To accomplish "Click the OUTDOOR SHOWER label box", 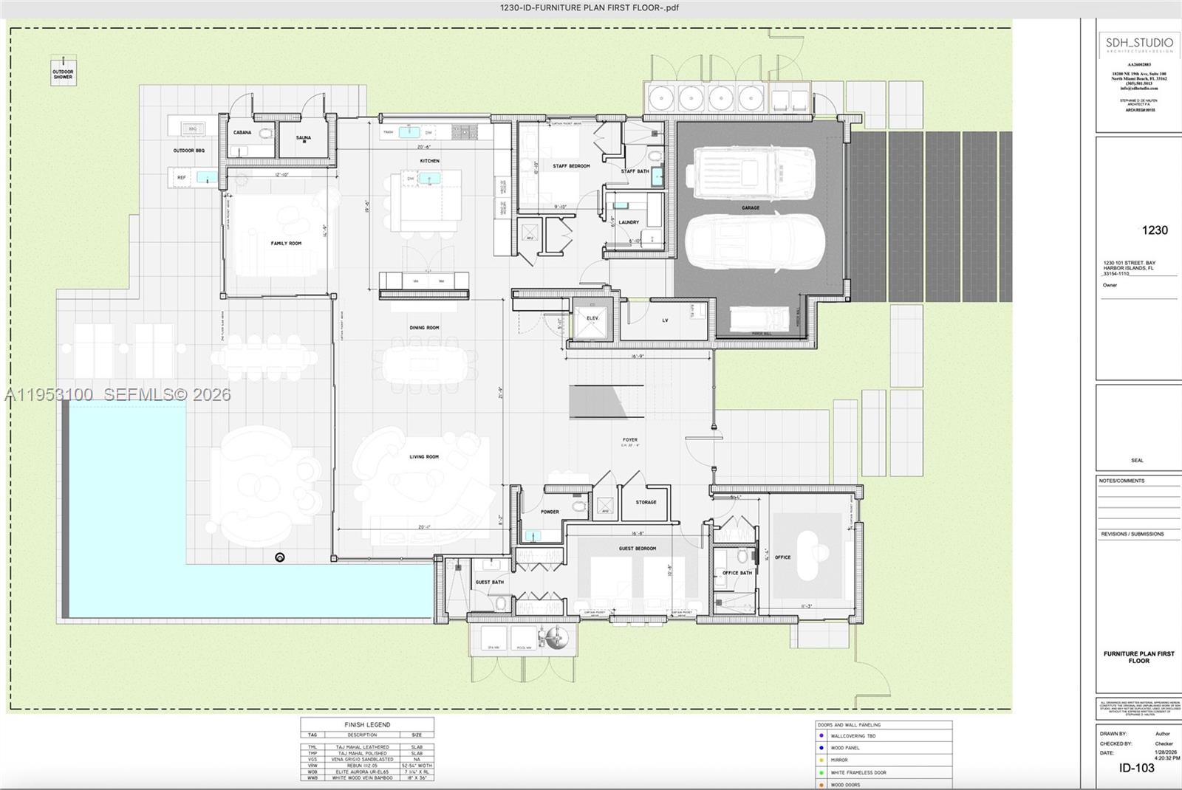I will point(63,73).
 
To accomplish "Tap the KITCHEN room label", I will point(429,160).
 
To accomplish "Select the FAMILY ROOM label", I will point(286,243).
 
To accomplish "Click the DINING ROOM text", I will point(424,328).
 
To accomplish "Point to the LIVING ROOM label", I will point(424,457).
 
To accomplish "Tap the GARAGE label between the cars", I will point(751,208).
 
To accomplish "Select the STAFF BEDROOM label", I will point(571,166).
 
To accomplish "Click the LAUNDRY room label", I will point(629,222).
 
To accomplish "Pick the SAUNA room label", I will point(304,137).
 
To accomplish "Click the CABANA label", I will point(242,132).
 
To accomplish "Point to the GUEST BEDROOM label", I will point(637,549).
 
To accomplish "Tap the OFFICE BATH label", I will point(737,573).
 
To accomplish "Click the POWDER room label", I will point(550,512).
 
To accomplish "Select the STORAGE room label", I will point(646,502).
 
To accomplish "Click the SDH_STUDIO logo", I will point(1138,44).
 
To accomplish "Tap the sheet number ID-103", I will point(1136,768).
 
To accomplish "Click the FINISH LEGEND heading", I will point(367,725).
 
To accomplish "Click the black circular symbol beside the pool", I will point(280,557).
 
